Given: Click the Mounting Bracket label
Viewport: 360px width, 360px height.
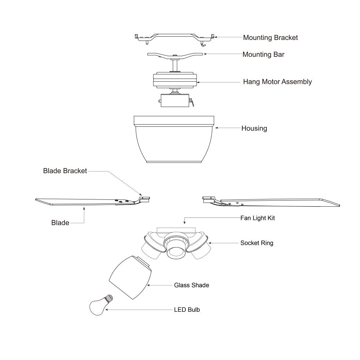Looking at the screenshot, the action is [x=270, y=38].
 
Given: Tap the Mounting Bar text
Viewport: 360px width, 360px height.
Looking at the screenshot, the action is [x=264, y=54].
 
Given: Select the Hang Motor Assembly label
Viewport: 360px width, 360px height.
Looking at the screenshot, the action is [x=277, y=82].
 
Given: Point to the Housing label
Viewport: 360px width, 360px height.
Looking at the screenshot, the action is [x=254, y=129].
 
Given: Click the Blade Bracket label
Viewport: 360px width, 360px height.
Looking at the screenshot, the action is [x=65, y=171].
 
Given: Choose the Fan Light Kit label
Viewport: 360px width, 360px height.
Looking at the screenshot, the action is [x=258, y=218].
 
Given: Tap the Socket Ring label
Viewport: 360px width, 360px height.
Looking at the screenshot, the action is [x=257, y=243].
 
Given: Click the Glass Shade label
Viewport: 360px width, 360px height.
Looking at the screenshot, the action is [x=192, y=285].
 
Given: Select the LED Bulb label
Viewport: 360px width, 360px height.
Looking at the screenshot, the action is [x=187, y=310].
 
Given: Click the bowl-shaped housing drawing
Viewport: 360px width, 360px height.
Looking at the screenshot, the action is [x=174, y=139].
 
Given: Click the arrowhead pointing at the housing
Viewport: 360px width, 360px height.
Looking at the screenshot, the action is [x=216, y=128].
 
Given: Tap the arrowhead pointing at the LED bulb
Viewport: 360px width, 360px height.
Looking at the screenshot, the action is [x=107, y=310].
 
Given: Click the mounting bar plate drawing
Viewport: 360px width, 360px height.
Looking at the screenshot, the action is [x=175, y=55].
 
